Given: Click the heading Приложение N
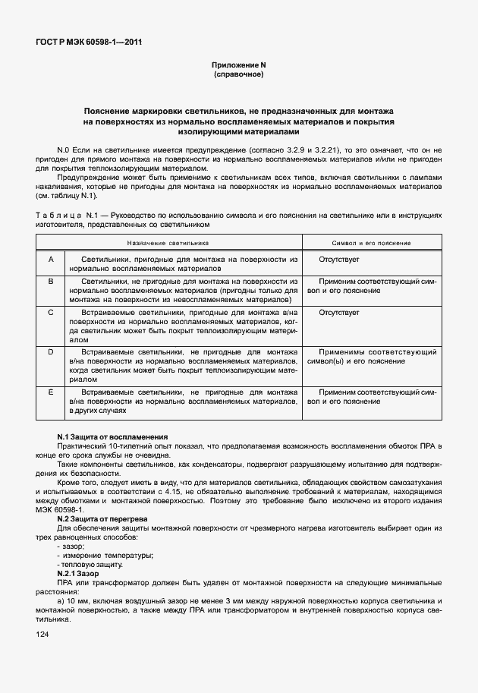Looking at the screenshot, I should click(238, 67).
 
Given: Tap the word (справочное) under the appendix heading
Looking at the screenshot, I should click(238, 76).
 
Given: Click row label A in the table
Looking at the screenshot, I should click(50, 260).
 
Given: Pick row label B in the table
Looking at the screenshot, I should click(50, 281).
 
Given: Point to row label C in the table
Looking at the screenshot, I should click(50, 312).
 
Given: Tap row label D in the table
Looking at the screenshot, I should click(50, 352).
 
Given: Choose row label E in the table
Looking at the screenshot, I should click(50, 392).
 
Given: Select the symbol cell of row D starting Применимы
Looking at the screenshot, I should click(371, 357).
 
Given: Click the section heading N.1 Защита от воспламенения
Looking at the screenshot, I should click(112, 436).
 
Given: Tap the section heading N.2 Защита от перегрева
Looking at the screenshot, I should click(103, 518).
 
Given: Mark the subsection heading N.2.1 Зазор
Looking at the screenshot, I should click(78, 573).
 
